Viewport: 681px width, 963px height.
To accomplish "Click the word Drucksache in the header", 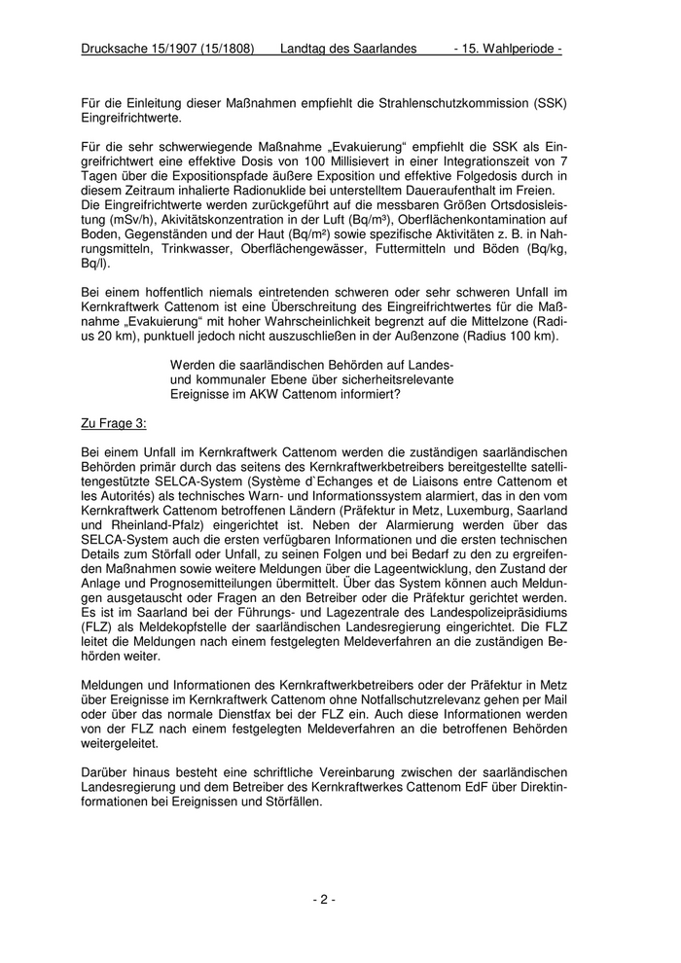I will coord(116,48).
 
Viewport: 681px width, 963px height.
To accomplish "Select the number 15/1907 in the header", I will coord(179,48).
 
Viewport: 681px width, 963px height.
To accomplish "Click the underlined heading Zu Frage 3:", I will coord(113,424).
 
